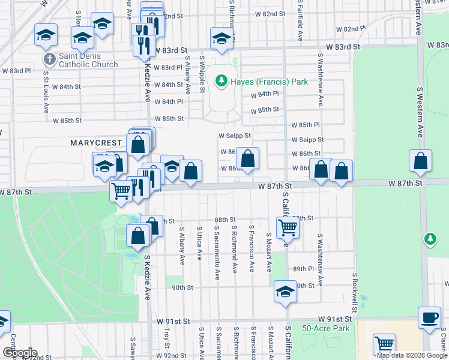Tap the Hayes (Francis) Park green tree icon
[221, 80]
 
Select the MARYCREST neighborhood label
[97, 143]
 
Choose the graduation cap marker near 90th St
[285, 292]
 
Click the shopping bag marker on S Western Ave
[421, 161]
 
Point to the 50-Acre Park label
[325, 328]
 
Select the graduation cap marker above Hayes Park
[221, 39]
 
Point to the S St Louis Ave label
[46, 92]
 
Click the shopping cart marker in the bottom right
[384, 344]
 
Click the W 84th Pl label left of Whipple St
[167, 101]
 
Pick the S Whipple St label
[203, 77]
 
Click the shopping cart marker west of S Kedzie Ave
[121, 191]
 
